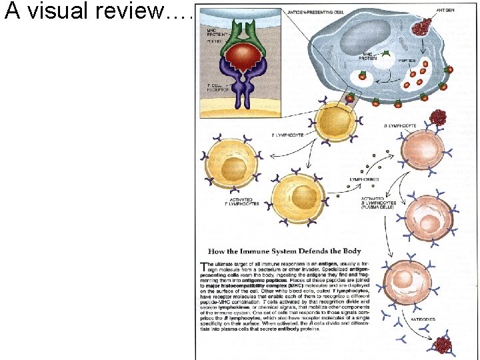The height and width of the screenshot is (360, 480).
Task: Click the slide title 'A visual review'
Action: click(97, 11)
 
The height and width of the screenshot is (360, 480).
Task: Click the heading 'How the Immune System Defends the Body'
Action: click(285, 251)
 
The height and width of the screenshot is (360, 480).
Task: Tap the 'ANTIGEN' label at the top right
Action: click(446, 10)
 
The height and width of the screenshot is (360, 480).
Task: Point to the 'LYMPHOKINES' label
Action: click(365, 179)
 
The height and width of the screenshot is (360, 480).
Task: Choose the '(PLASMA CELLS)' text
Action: click(378, 207)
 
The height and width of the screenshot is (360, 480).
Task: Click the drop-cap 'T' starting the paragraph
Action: click(204, 266)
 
